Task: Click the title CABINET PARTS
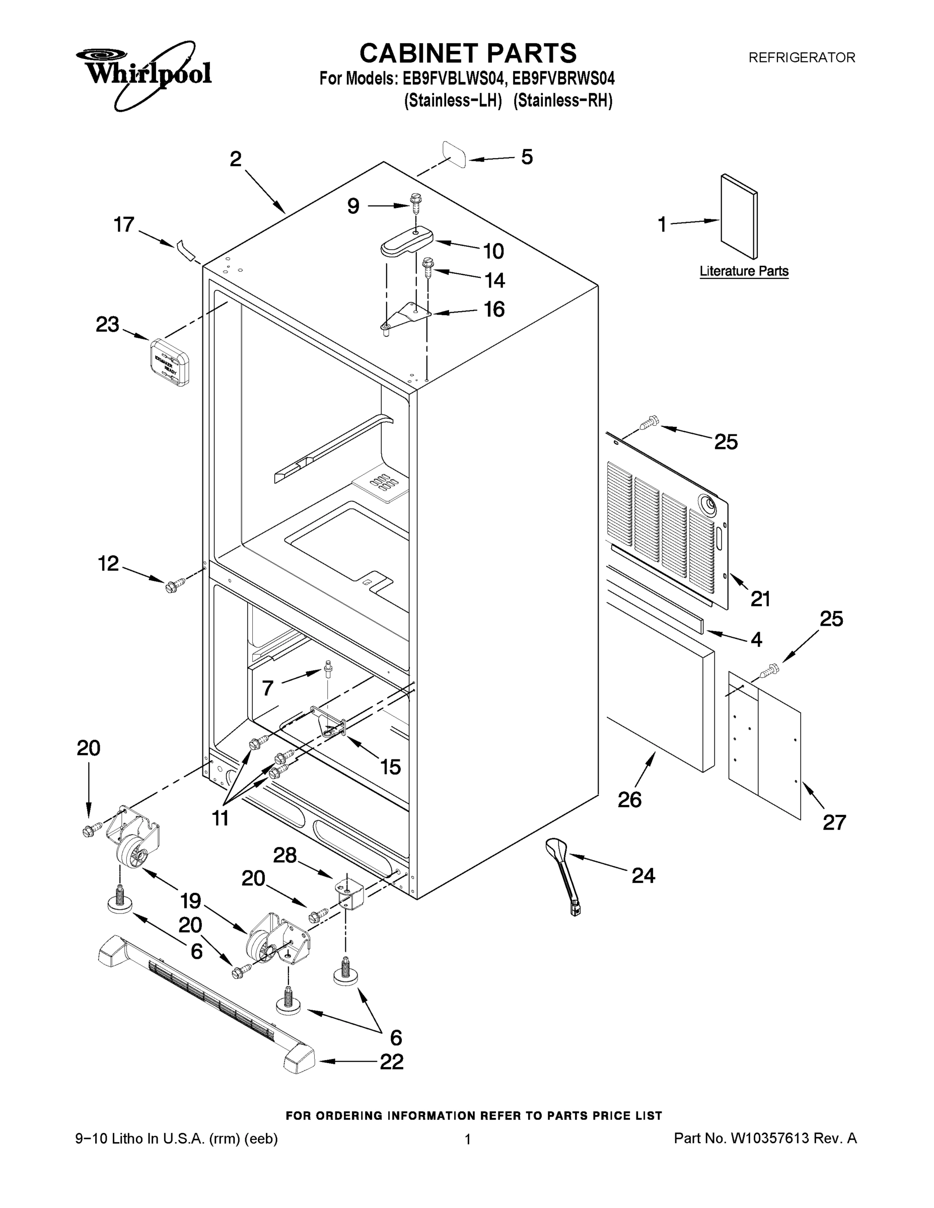[468, 54]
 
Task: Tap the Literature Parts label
[744, 271]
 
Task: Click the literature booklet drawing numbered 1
[739, 216]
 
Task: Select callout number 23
[107, 325]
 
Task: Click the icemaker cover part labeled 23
[170, 362]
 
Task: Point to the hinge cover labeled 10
[406, 242]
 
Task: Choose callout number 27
[834, 822]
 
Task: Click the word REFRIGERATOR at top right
[801, 57]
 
